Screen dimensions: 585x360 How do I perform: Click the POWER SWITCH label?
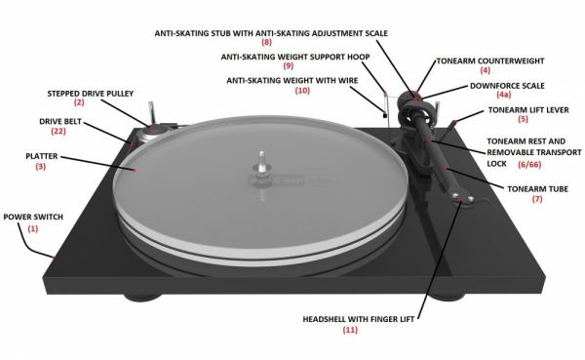point(33,217)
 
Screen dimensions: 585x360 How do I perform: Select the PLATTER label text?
point(41,156)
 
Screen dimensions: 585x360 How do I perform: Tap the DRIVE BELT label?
point(60,122)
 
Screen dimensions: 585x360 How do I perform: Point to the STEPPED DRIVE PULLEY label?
point(91,94)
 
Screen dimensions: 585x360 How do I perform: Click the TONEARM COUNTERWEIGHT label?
point(490,60)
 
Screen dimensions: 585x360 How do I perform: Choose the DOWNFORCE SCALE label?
point(507,86)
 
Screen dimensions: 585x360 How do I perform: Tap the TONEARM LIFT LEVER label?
point(528,110)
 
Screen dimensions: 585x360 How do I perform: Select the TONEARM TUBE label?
point(537,189)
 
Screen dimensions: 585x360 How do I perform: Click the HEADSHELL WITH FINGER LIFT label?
point(358,319)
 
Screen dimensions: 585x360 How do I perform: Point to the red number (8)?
point(266,42)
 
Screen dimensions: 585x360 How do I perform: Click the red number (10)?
point(302,91)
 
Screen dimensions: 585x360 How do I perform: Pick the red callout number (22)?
point(58,131)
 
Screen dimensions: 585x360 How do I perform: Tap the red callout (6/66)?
point(529,164)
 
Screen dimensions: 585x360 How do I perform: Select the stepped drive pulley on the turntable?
point(152,133)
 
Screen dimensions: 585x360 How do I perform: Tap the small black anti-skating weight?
point(384,116)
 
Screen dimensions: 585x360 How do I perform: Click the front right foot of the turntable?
point(448,294)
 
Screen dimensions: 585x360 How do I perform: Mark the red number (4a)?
point(503,95)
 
